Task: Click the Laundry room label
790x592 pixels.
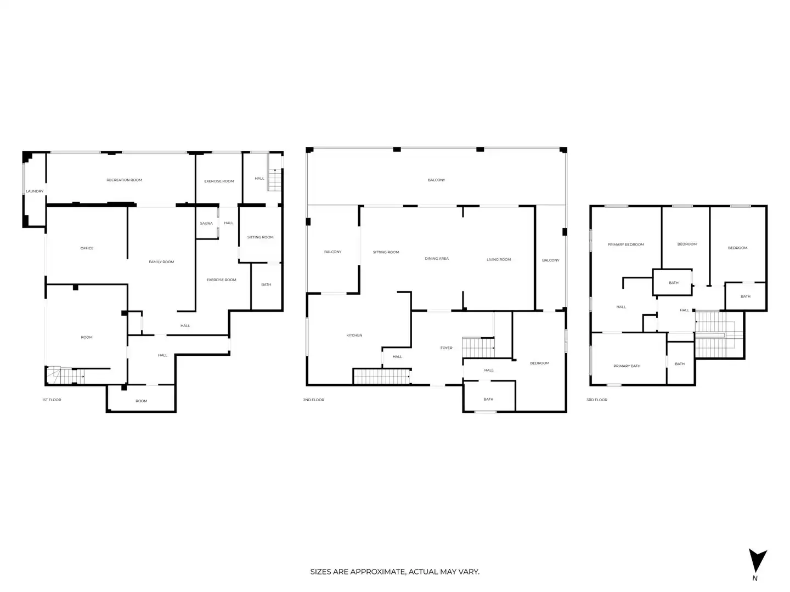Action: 35,191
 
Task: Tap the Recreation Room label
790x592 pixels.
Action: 124,180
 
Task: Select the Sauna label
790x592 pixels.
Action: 206,223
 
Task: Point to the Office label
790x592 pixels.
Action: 87,248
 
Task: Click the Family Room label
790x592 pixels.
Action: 161,261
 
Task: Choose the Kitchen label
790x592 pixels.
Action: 354,335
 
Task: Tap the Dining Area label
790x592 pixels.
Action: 437,258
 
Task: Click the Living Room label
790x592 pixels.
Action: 499,259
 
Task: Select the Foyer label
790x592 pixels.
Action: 446,348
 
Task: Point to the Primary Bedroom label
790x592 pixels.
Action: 625,244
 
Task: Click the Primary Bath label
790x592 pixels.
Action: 627,366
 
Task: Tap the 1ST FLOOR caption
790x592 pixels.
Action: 52,400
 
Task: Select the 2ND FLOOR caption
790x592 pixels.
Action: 313,400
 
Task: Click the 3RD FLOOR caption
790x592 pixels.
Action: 597,400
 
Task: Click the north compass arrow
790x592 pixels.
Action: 757,560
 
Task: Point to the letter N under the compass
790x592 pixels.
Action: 755,578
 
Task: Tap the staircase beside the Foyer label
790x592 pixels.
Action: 478,348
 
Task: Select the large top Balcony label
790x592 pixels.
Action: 436,180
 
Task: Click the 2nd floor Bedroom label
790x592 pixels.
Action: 539,363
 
